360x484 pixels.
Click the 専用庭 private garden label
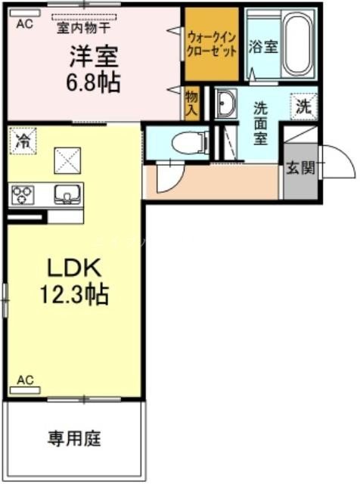[x=75, y=438]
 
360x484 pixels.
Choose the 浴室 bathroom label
[x=263, y=45]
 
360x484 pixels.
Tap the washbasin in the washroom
[x=225, y=105]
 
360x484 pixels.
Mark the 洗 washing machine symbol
[x=303, y=107]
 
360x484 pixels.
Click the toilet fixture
[x=186, y=142]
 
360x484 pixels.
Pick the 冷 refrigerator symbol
[x=23, y=141]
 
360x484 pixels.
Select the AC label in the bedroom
[x=23, y=23]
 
